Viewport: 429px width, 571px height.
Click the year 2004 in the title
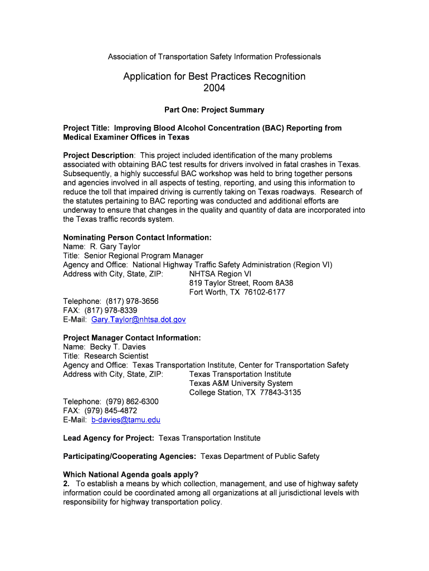tap(214, 88)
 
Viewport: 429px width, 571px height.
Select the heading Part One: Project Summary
tap(214, 110)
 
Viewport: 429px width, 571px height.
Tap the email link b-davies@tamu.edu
tap(125, 420)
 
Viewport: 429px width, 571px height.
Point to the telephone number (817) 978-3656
tap(132, 301)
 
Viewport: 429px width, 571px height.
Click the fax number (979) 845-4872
tap(111, 410)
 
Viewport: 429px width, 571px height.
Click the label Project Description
tap(98, 155)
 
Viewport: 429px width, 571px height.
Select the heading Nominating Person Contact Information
tap(137, 238)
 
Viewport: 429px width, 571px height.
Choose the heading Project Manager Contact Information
tap(131, 338)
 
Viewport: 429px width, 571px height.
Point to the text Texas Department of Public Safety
tap(260, 456)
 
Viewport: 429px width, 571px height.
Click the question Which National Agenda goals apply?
tap(131, 475)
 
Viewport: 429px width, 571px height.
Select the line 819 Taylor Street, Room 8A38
tap(241, 283)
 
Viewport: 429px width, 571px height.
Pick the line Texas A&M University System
tap(241, 383)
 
